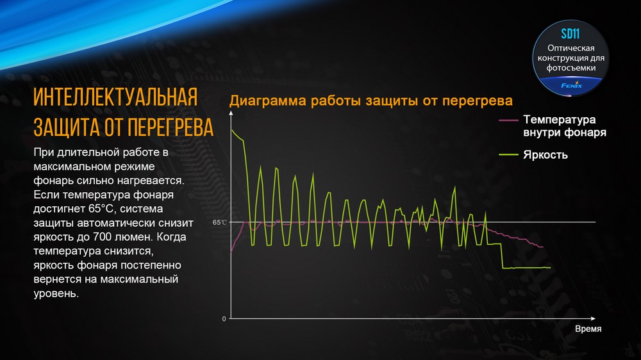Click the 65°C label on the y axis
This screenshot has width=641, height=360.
(x=220, y=222)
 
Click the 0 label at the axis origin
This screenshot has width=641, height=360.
(x=224, y=318)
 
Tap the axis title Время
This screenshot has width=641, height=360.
(x=588, y=328)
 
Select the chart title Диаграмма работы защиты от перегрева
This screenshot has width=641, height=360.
(x=371, y=101)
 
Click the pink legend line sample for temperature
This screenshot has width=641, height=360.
(x=508, y=120)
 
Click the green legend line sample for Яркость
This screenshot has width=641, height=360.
(x=508, y=154)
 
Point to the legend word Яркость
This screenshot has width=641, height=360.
(x=545, y=154)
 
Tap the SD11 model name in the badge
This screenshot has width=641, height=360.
(x=570, y=34)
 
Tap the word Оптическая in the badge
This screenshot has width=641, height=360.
(x=571, y=48)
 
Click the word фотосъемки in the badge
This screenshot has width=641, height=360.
(x=571, y=67)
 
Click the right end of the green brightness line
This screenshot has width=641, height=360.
(x=550, y=267)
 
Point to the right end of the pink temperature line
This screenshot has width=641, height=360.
(x=543, y=247)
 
